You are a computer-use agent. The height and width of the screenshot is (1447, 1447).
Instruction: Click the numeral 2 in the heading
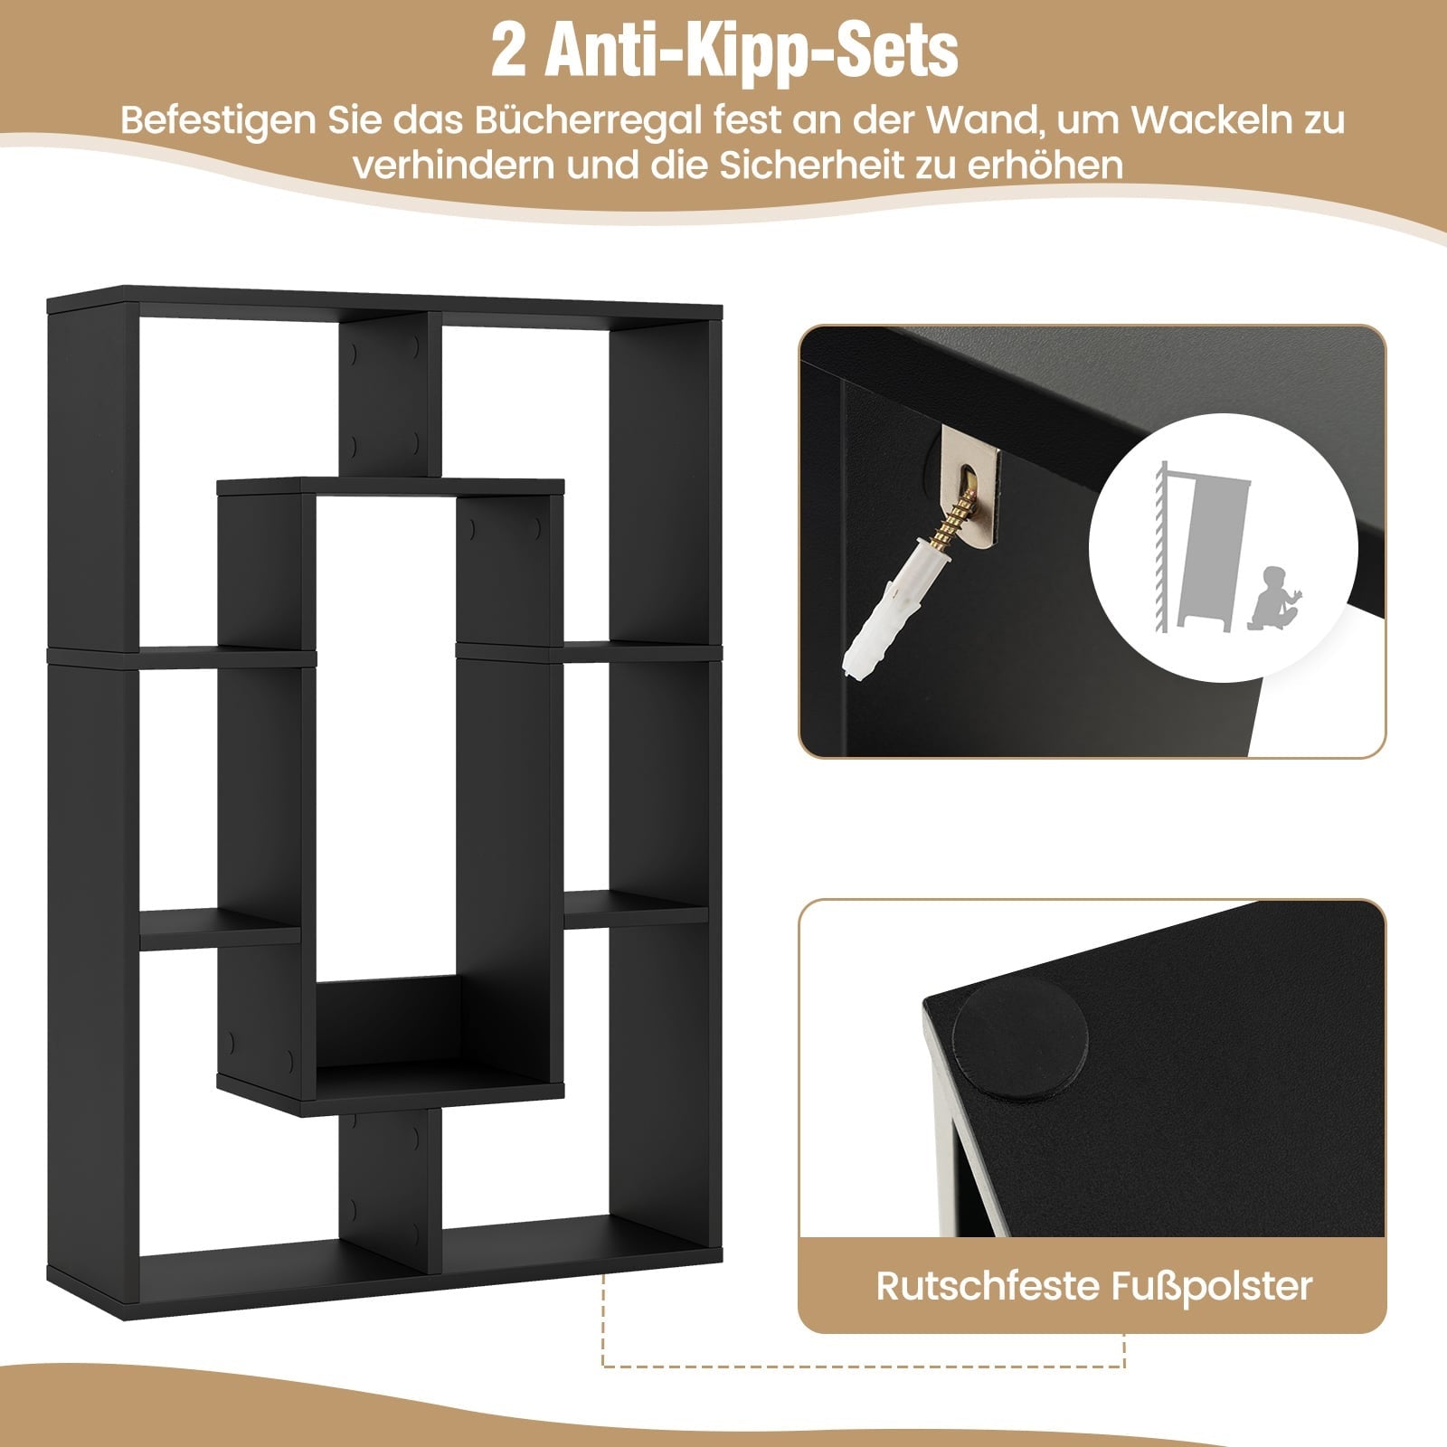(x=509, y=53)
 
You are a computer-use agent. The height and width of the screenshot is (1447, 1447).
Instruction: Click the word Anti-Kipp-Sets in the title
(x=753, y=53)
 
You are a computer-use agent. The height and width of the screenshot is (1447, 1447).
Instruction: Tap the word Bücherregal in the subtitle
(x=596, y=120)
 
